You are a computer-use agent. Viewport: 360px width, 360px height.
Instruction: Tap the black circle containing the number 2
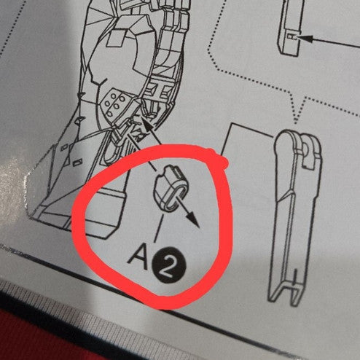pos(168,265)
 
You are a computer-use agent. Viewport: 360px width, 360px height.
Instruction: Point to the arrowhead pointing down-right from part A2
pos(193,219)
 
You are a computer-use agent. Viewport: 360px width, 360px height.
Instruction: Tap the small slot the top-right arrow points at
pos(291,37)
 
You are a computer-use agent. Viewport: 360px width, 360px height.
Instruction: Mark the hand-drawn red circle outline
pos(80,219)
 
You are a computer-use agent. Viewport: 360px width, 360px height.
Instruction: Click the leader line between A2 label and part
pos(158,227)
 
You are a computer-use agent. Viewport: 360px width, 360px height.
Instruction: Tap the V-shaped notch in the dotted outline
pos(296,114)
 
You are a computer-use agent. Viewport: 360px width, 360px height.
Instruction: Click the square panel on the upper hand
pos(116,39)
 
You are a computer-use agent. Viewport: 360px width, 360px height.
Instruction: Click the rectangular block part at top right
pos(289,27)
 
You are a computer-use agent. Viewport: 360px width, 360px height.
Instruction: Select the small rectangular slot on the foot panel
pos(77,163)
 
